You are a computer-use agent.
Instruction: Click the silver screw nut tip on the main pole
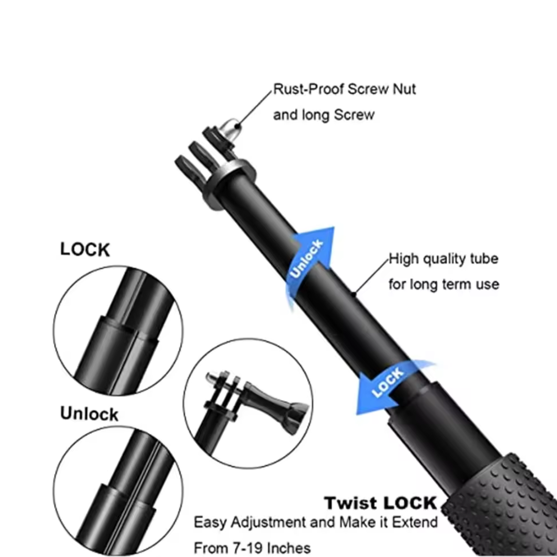[x=230, y=128]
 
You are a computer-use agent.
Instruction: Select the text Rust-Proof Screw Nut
[x=344, y=89]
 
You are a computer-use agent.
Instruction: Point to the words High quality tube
[x=444, y=258]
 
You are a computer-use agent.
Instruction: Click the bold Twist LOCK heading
[x=381, y=503]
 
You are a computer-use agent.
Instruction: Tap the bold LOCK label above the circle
[x=85, y=250]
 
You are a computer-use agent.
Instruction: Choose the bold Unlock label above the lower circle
[x=89, y=414]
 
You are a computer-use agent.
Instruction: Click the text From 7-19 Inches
[x=252, y=548]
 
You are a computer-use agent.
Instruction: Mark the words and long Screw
[x=323, y=114]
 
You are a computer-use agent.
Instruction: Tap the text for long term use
[x=444, y=284]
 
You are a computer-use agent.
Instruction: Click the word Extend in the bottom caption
[x=415, y=522]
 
